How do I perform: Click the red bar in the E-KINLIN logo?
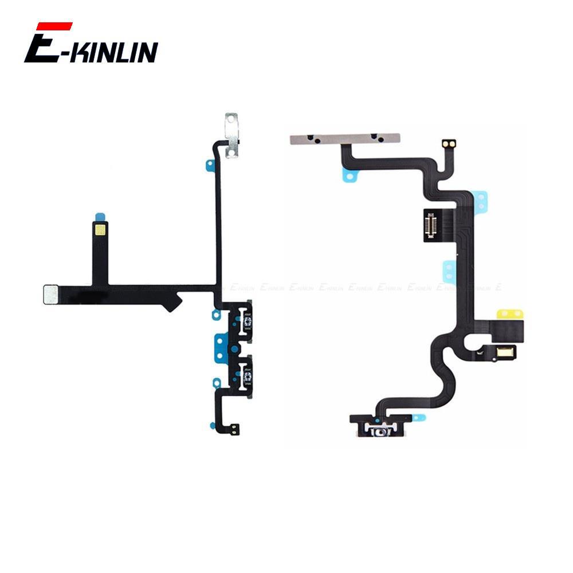click(x=54, y=26)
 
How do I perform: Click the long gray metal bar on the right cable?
click(x=344, y=139)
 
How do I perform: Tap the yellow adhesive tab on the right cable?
click(x=510, y=313)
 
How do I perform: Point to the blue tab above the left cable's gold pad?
click(x=100, y=217)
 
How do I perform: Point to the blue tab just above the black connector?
click(x=480, y=199)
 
